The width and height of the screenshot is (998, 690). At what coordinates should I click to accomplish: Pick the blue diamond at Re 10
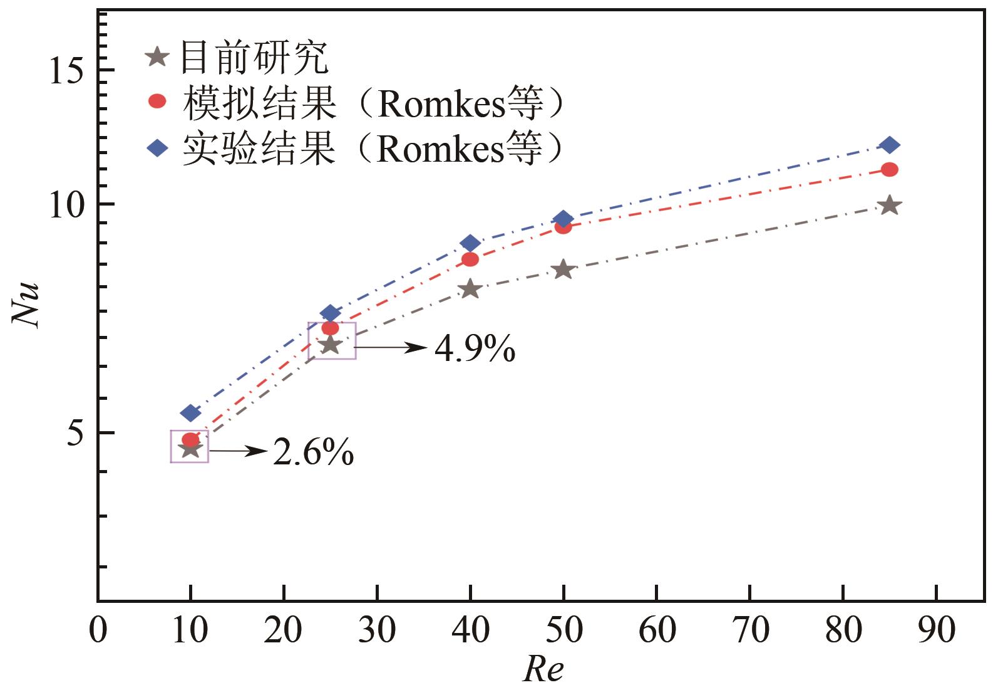(190, 413)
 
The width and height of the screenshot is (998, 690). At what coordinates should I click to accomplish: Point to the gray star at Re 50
(563, 269)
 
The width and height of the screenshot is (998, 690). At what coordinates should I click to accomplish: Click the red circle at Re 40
(470, 259)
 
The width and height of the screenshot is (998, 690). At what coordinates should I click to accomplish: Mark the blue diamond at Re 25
(331, 313)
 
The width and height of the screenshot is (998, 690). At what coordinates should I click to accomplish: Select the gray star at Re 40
(470, 289)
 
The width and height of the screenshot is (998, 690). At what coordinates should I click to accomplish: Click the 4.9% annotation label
(475, 350)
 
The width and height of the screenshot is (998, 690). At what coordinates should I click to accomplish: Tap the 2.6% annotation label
(314, 452)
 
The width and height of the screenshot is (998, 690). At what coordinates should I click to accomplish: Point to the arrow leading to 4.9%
(391, 347)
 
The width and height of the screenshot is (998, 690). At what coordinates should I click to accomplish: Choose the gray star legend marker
(157, 58)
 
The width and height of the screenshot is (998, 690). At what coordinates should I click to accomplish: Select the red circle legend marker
(157, 101)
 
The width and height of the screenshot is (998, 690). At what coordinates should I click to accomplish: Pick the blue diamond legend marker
(157, 149)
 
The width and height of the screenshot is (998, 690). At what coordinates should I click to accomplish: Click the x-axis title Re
(543, 669)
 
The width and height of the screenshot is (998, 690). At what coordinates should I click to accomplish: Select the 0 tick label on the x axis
(98, 630)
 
